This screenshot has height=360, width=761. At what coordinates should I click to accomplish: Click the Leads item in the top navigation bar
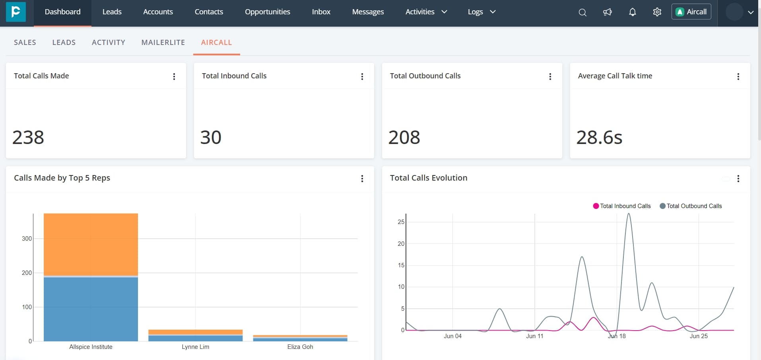point(112,12)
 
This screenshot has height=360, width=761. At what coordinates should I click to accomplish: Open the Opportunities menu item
point(267,12)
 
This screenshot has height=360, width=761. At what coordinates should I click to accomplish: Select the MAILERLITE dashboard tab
point(163,43)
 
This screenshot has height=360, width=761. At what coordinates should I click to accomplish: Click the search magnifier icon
point(582,12)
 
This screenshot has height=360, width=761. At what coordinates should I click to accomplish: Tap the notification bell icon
point(632,12)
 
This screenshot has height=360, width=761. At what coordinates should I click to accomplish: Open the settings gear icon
point(657,12)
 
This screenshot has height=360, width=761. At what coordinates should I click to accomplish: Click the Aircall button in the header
point(691,12)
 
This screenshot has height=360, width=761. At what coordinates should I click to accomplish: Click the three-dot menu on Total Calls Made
point(174,76)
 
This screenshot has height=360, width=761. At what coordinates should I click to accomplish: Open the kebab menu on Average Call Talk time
point(738,76)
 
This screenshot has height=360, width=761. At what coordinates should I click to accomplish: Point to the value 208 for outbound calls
point(404,138)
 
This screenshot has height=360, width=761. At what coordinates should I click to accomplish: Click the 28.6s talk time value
point(599,138)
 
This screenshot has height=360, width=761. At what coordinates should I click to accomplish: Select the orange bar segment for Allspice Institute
point(91,244)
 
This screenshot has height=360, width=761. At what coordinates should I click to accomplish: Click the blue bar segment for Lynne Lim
point(195,338)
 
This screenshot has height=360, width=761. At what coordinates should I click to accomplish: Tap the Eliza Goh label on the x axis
point(300,347)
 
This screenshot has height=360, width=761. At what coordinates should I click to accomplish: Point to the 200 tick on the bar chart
point(27,273)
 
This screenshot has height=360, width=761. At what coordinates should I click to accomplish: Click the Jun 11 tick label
point(534,336)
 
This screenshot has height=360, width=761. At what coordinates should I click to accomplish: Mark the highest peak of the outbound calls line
point(629,214)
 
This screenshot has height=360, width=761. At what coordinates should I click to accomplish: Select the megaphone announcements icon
point(607,12)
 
